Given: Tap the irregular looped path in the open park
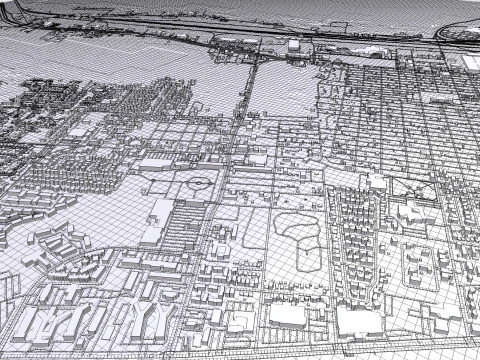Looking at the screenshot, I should click(297, 237).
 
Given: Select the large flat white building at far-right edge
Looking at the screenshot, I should click(470, 62).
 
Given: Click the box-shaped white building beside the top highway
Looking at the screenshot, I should click(294, 45).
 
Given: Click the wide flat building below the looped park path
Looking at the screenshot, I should click(287, 313).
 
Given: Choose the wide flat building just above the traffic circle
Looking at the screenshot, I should click(160, 164).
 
